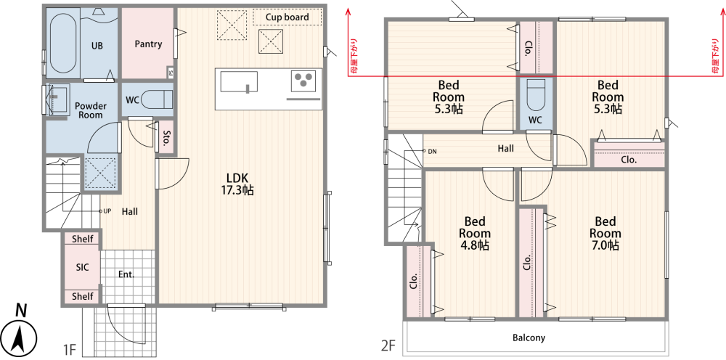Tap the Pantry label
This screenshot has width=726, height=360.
click(x=148, y=44)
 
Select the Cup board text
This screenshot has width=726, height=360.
click(x=287, y=17)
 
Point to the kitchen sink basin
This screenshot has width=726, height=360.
click(x=238, y=82)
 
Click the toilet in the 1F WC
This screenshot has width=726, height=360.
click(x=157, y=99)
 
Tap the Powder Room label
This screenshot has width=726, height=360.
click(x=90, y=110)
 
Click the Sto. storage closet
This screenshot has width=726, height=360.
click(x=166, y=137)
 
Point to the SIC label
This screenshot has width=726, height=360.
click(x=82, y=267)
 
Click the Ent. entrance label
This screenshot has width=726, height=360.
click(x=126, y=274)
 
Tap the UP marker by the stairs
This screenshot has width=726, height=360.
click(x=106, y=211)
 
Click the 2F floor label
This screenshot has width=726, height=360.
click(x=388, y=345)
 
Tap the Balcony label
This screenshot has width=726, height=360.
click(x=529, y=337)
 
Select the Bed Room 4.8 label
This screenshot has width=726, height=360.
click(x=474, y=233)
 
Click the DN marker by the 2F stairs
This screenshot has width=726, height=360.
click(x=429, y=151)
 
